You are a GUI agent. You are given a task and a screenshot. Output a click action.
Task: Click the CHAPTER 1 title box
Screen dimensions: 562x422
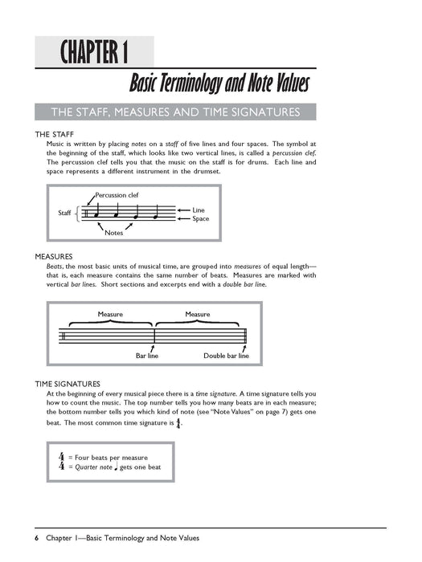tap(95, 53)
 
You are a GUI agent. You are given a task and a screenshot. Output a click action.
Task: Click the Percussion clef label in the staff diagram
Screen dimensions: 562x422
tap(117, 194)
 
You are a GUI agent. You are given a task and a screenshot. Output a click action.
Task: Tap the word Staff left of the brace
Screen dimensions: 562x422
tap(65, 213)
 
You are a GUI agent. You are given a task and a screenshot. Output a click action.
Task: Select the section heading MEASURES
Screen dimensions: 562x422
tap(55, 256)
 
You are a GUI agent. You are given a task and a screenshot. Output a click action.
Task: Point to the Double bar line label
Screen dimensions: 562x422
tap(226, 355)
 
